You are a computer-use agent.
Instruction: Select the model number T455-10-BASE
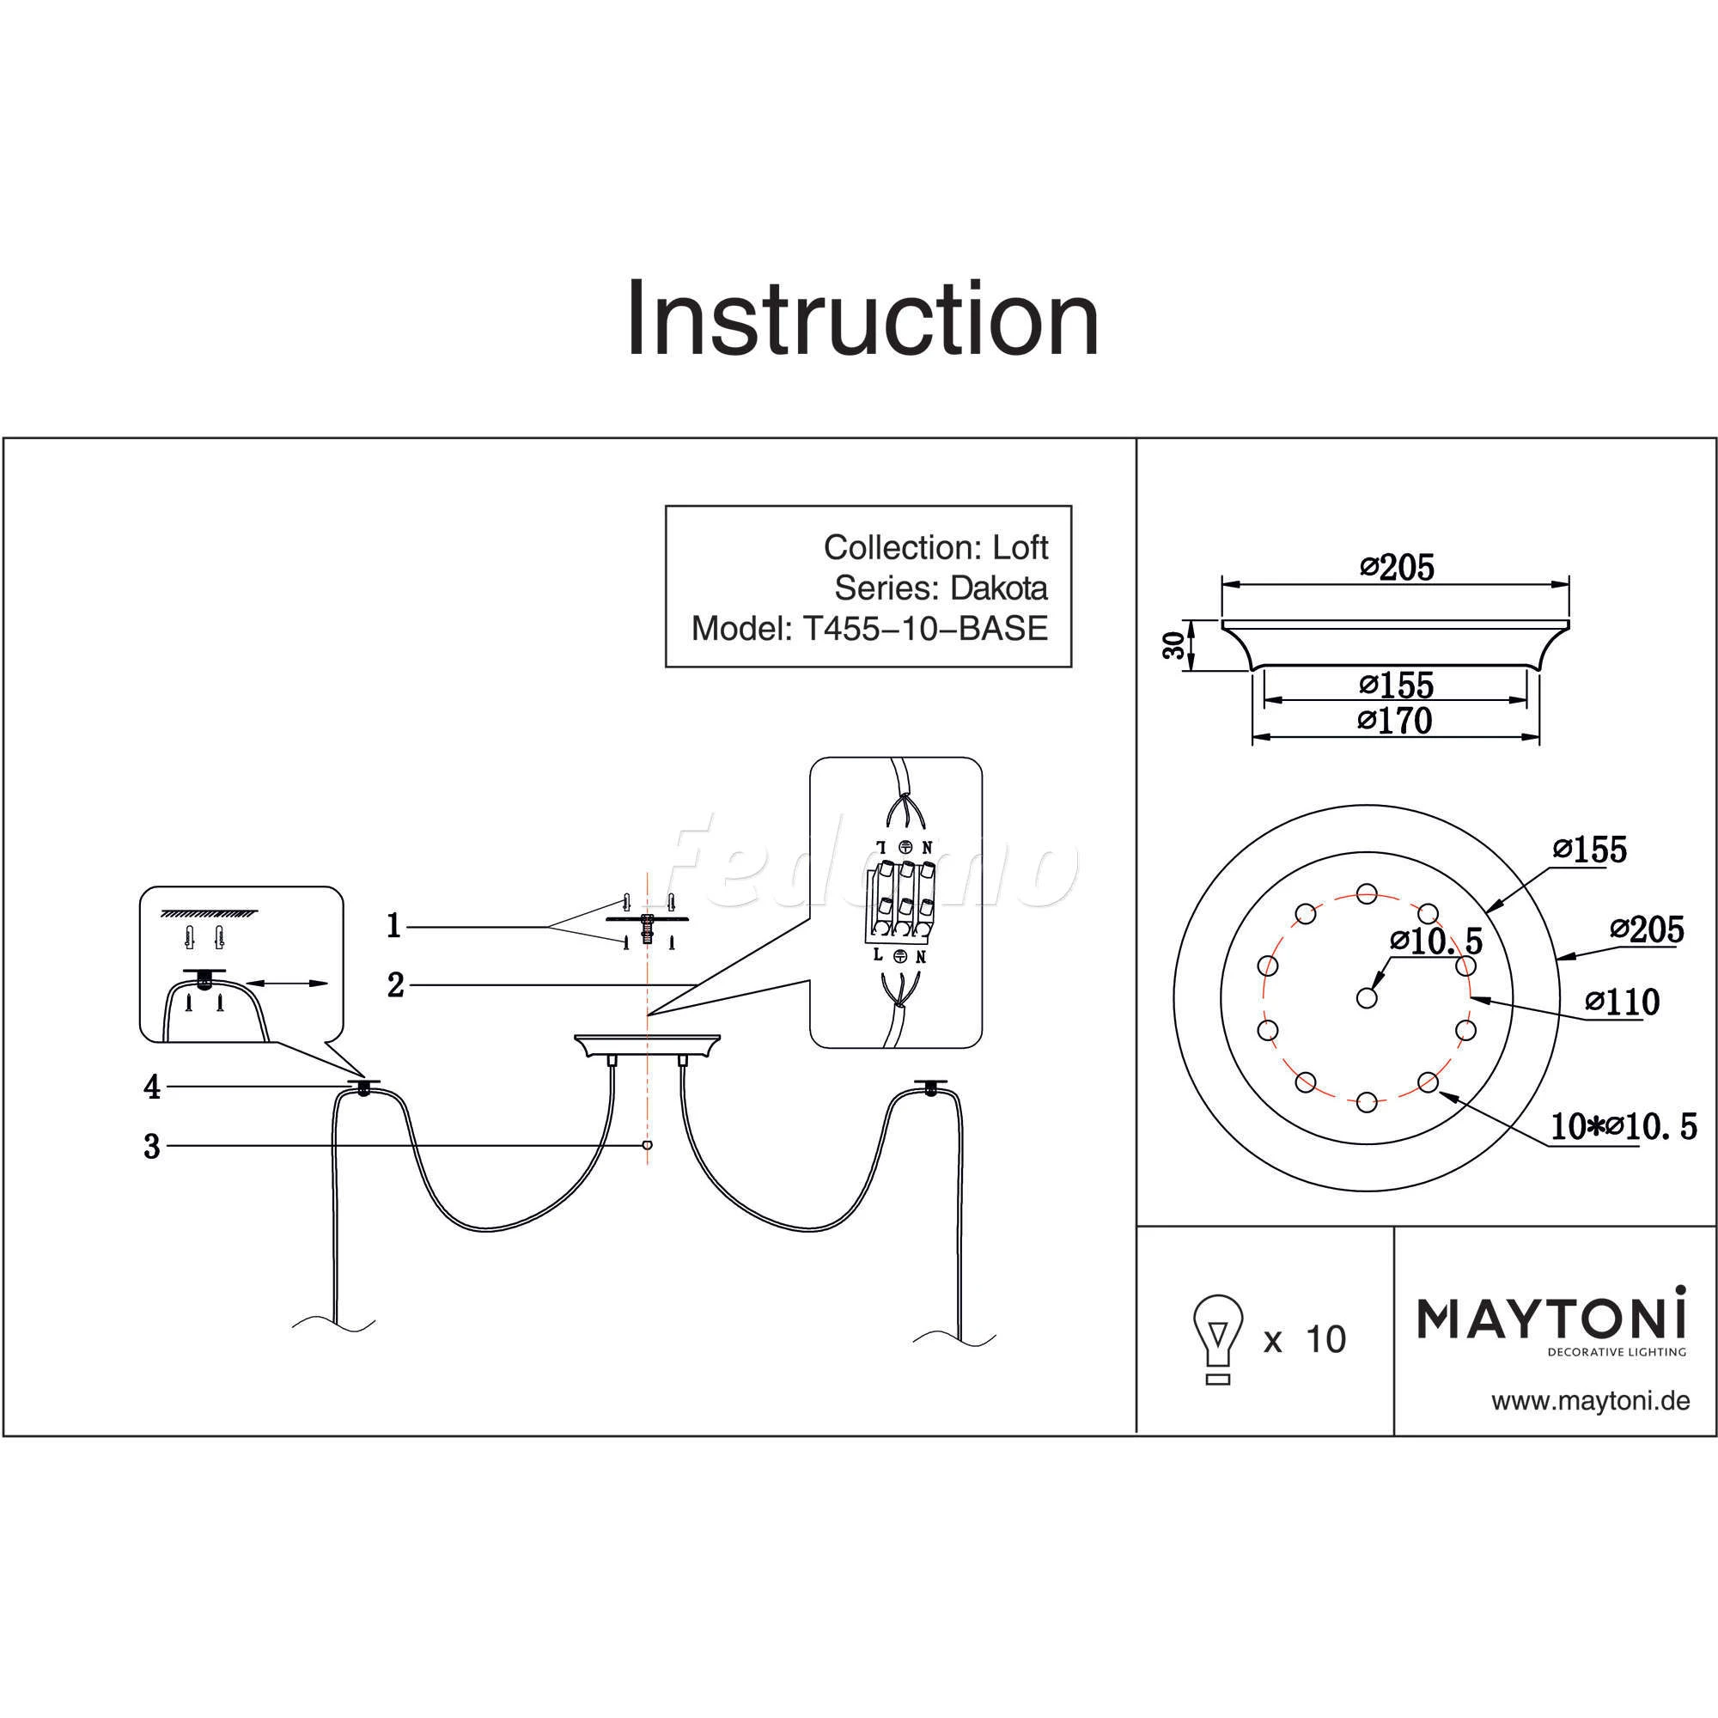click(x=925, y=629)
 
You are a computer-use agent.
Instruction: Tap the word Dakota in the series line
click(x=999, y=588)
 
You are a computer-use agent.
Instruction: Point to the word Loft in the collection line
click(x=1020, y=547)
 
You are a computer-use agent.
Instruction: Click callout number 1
click(x=394, y=927)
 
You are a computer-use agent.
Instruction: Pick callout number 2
click(x=396, y=985)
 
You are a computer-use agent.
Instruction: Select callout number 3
click(x=152, y=1147)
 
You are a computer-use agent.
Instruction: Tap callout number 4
click(x=152, y=1087)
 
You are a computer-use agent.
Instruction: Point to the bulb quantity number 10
click(x=1325, y=1339)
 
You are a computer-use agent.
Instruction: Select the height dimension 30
click(x=1174, y=646)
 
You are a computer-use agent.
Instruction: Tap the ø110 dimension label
click(x=1622, y=1003)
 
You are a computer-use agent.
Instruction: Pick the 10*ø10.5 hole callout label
click(x=1624, y=1128)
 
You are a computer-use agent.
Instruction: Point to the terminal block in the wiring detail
click(x=899, y=902)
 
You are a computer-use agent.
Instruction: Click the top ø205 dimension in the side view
click(x=1397, y=567)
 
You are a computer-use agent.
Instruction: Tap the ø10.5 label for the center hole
click(x=1435, y=940)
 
